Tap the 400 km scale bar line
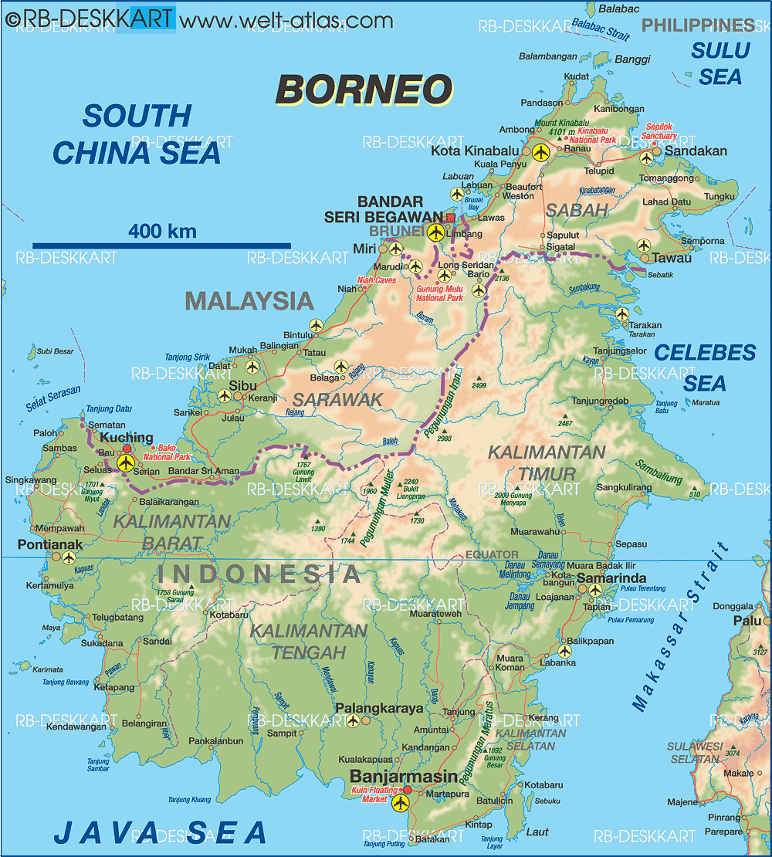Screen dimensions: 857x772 click(x=161, y=246)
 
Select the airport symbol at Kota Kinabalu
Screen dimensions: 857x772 click(x=540, y=152)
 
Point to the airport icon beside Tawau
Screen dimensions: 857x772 click(x=644, y=246)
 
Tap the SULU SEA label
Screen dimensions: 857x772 click(x=720, y=63)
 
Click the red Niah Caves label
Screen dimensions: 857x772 click(x=376, y=280)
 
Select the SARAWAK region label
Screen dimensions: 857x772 click(x=337, y=399)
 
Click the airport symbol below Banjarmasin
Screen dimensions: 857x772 click(x=400, y=804)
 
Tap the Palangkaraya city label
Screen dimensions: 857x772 click(x=379, y=708)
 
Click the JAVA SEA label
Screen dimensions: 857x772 click(x=160, y=832)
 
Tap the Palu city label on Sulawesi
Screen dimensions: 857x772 click(x=747, y=621)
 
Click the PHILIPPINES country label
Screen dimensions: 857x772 click(x=698, y=25)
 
